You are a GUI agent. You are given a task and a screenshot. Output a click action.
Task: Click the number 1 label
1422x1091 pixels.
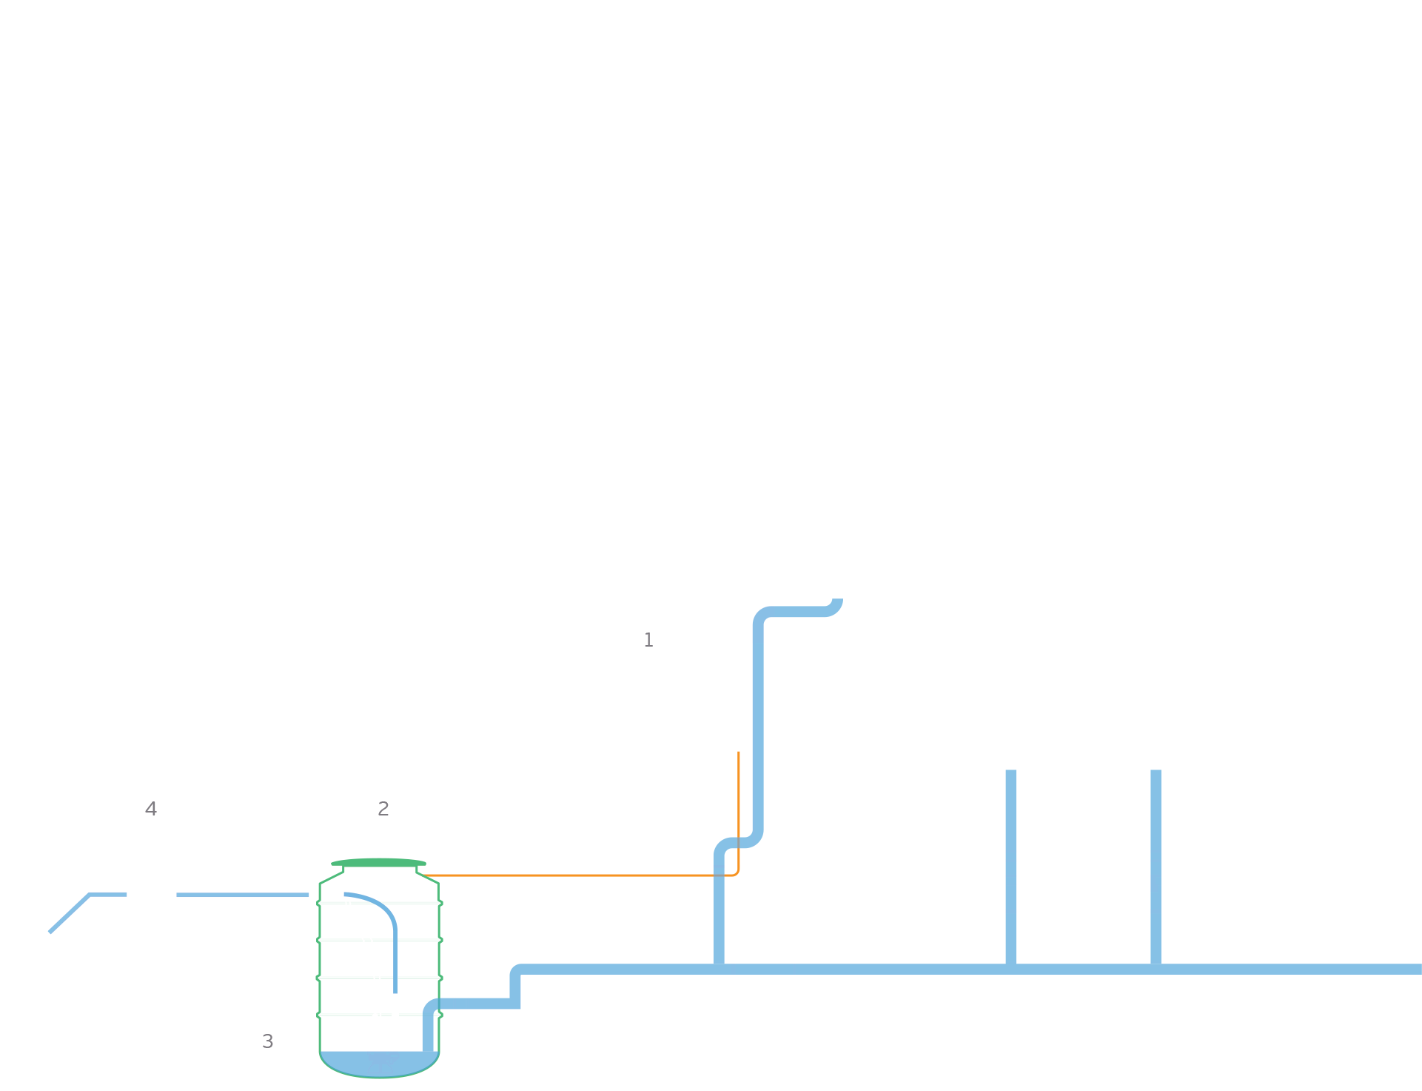pos(648,640)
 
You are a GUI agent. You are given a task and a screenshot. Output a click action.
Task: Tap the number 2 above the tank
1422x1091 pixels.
pos(383,809)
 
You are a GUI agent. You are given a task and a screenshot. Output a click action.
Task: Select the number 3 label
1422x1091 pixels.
pos(268,1041)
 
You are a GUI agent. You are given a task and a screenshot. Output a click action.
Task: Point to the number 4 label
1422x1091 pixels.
pos(151,809)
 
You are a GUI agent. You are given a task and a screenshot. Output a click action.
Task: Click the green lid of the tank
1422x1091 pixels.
pos(378,862)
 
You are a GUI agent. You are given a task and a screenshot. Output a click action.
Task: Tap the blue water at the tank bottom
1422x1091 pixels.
pos(379,1064)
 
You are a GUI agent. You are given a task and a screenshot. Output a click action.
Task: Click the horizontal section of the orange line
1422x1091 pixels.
pos(577,875)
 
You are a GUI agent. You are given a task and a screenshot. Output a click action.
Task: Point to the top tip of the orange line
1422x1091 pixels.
pos(738,753)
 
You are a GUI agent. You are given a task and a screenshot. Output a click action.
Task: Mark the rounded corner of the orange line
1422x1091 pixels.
pos(736,873)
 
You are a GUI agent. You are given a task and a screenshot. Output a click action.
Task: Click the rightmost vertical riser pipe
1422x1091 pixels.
pos(1156,867)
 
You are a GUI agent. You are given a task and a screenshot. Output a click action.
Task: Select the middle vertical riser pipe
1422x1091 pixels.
pos(1010,867)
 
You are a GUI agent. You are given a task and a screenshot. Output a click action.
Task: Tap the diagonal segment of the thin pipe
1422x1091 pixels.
pos(70,913)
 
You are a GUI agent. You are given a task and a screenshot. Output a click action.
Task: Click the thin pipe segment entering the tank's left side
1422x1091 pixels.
pos(242,895)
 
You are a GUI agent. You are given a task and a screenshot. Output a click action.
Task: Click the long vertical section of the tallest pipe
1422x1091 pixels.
pos(758,726)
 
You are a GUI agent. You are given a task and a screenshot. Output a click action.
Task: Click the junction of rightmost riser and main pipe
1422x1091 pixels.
pos(1156,969)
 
